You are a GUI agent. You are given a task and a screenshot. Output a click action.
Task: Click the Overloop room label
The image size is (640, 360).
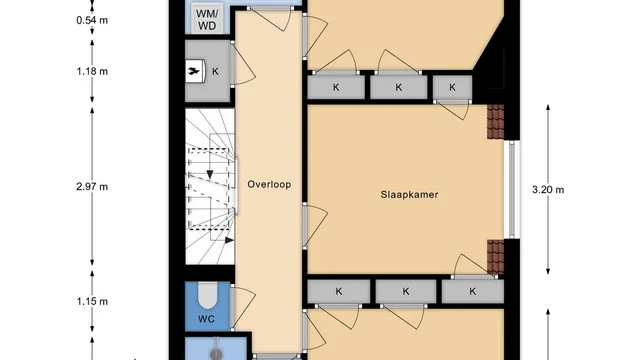pos(269,184)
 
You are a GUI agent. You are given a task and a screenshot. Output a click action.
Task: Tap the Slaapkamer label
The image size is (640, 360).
pos(409,195)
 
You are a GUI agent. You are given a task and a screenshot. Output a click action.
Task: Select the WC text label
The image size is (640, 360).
pos(206,319)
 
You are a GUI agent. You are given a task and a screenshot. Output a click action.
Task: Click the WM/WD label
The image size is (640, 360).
pos(207,20)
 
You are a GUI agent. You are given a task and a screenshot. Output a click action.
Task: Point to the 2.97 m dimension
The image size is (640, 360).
pos(92,187)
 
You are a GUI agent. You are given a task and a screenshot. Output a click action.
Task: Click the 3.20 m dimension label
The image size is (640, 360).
pos(548,189)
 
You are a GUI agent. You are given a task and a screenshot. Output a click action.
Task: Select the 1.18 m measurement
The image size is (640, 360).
pos(92,71)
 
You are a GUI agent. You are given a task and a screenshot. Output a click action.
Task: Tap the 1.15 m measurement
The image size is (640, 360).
pos(92,302)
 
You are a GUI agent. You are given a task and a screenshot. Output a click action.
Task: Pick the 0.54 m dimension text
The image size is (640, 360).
pos(92,20)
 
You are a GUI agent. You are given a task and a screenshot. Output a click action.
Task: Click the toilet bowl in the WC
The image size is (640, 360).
pos(207,296)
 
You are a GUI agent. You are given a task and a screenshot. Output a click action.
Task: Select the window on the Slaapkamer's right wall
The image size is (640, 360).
pos(512,189)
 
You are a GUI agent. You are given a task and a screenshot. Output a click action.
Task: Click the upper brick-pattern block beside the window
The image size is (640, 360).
pos(496,122)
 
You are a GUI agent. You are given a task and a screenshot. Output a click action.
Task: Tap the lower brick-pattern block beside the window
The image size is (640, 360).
pos(496,257)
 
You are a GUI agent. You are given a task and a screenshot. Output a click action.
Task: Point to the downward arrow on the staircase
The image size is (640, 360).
pos(210,174)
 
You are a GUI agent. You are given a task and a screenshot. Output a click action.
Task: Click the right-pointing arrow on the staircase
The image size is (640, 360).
pos(229,240)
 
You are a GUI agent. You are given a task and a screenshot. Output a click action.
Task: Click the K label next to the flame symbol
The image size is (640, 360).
pos(215,71)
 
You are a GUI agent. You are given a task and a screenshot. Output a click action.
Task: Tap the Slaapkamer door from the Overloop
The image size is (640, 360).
pos(315,226)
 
